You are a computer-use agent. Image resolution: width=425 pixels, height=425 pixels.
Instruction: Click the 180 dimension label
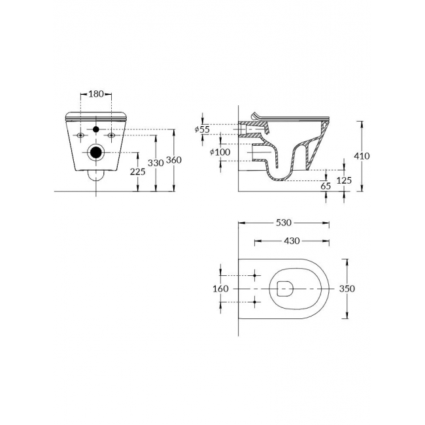click(96, 94)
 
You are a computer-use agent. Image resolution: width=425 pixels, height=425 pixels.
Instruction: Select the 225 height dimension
click(138, 171)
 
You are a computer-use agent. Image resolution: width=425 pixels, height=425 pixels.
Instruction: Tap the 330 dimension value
click(156, 163)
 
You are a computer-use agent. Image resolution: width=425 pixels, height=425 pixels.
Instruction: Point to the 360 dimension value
click(174, 160)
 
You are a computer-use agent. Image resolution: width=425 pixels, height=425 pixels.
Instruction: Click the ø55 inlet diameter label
click(202, 129)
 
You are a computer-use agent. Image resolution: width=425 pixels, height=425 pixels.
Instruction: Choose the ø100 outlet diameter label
click(220, 152)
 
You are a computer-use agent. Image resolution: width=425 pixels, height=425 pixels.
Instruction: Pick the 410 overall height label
click(362, 156)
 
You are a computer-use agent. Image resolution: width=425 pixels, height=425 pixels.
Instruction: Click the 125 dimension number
click(344, 180)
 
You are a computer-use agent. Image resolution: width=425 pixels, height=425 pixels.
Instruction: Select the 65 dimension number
click(326, 186)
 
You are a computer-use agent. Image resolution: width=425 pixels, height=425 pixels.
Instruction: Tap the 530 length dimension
click(284, 223)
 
